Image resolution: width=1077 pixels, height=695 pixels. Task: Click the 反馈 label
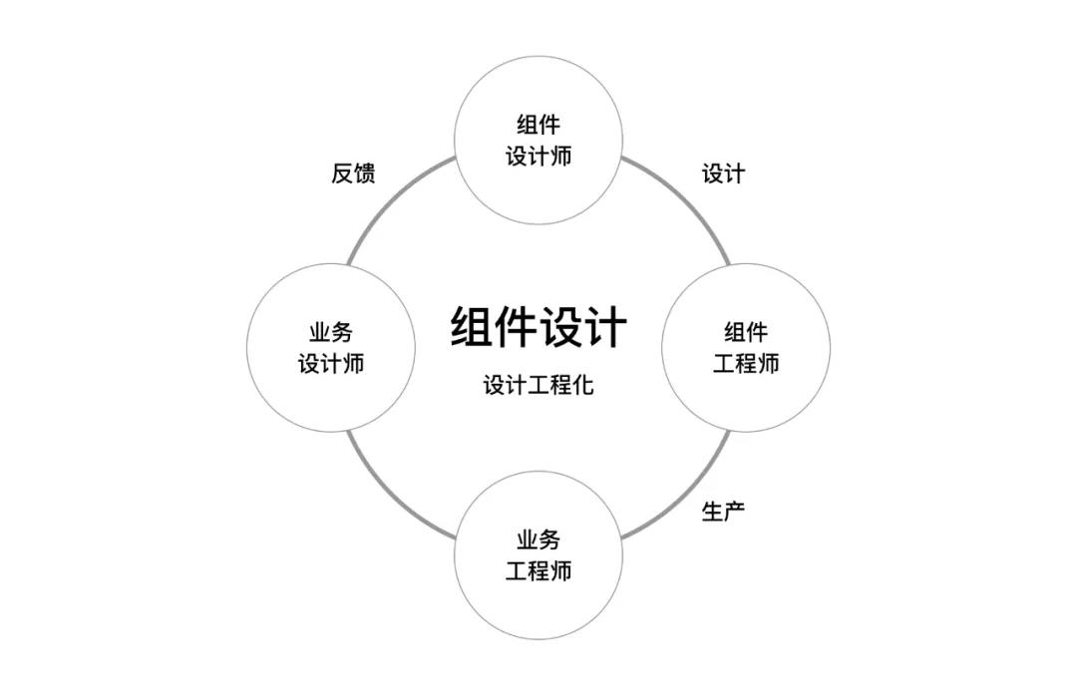pyautogui.click(x=353, y=174)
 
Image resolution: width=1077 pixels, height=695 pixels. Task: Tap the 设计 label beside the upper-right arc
pyautogui.click(x=723, y=174)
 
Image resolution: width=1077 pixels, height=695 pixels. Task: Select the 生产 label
pyautogui.click(x=723, y=513)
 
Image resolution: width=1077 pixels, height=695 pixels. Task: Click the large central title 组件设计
pyautogui.click(x=538, y=327)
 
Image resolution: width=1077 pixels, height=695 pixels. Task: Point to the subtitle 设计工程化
pyautogui.click(x=538, y=385)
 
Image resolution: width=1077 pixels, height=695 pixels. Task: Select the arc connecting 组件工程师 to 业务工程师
pyautogui.click(x=686, y=495)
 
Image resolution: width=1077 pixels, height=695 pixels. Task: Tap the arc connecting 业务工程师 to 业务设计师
pyautogui.click(x=392, y=496)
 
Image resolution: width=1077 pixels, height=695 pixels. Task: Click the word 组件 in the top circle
pyautogui.click(x=538, y=126)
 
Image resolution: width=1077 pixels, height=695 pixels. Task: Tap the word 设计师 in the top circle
pyautogui.click(x=538, y=157)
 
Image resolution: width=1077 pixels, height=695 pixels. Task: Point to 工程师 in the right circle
pyautogui.click(x=746, y=363)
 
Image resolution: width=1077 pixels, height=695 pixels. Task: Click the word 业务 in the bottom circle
pyautogui.click(x=538, y=540)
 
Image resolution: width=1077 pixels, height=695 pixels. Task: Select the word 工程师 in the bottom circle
pyautogui.click(x=538, y=572)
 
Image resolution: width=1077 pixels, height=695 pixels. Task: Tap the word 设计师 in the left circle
pyautogui.click(x=331, y=364)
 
